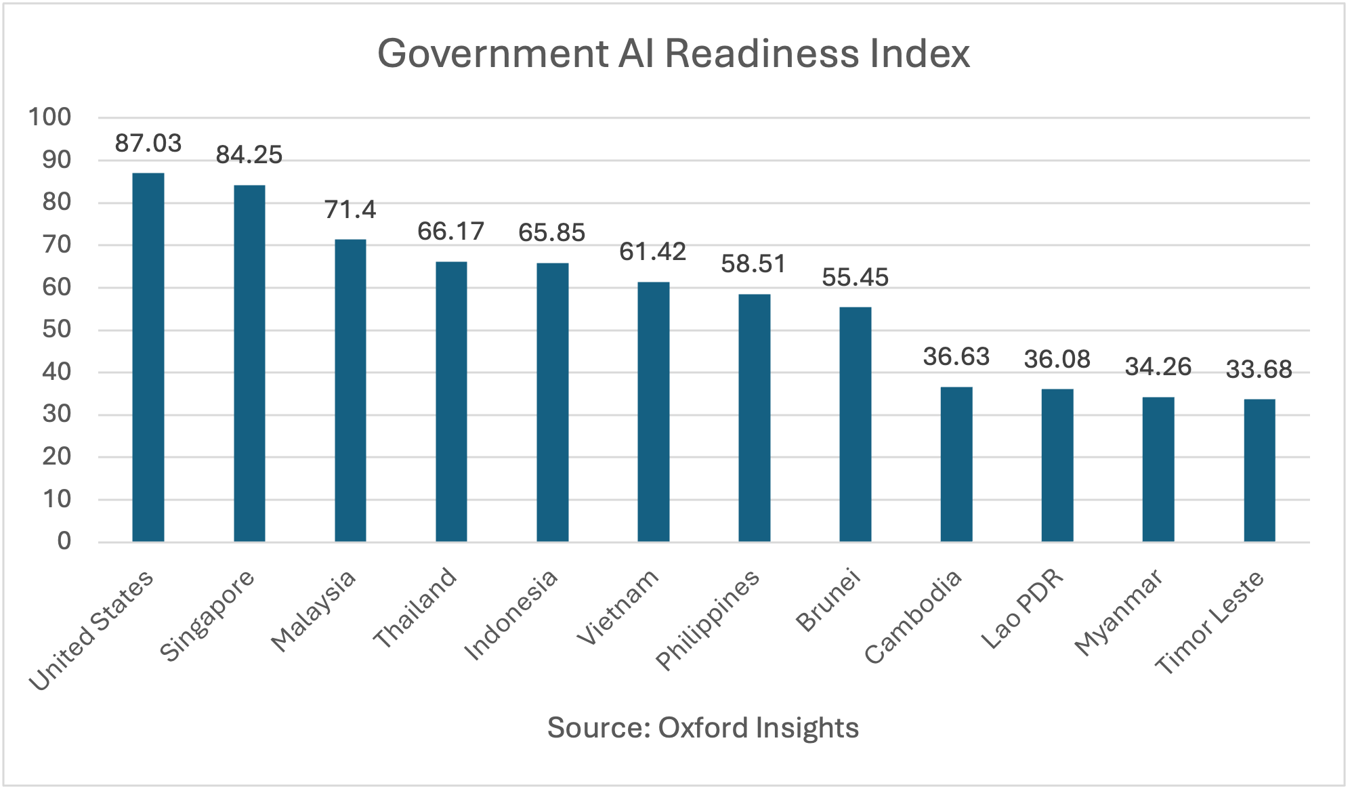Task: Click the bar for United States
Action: [x=148, y=357]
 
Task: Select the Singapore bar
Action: [x=249, y=363]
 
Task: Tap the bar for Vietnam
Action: [x=654, y=412]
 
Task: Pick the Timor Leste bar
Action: [x=1260, y=471]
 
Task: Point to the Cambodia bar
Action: [x=956, y=465]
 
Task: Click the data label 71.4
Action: [x=350, y=210]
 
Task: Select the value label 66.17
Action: [x=451, y=232]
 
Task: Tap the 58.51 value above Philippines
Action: [x=754, y=264]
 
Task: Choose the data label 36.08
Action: [x=1057, y=360]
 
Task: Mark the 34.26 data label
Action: [x=1158, y=367]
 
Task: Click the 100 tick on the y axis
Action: [x=49, y=117]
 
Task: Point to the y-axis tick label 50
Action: [x=57, y=330]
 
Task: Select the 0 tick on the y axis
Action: [x=64, y=541]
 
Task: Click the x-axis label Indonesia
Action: [x=511, y=614]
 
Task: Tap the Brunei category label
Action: [x=828, y=601]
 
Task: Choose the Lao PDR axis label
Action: [x=1023, y=609]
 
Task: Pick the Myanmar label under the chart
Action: [x=1119, y=612]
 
